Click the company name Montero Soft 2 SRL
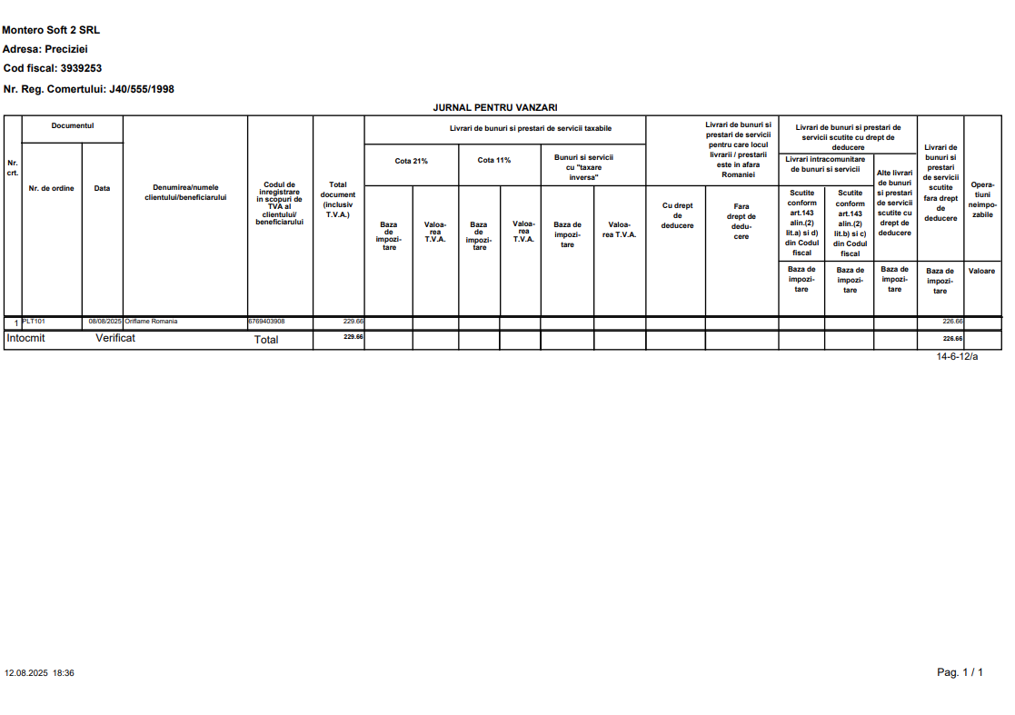point(51,31)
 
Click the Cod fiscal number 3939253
point(81,68)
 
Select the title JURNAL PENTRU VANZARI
point(495,107)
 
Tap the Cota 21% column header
point(411,161)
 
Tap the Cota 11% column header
point(494,161)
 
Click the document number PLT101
point(34,322)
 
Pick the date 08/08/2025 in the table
point(104,322)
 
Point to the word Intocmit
point(25,338)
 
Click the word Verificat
point(115,338)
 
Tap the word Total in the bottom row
point(266,340)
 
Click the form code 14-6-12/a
point(957,357)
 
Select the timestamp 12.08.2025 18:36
point(39,673)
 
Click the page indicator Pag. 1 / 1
point(960,672)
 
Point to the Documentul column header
point(73,126)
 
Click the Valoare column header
point(981,272)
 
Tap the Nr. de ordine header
point(52,189)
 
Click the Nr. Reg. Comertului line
point(89,89)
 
